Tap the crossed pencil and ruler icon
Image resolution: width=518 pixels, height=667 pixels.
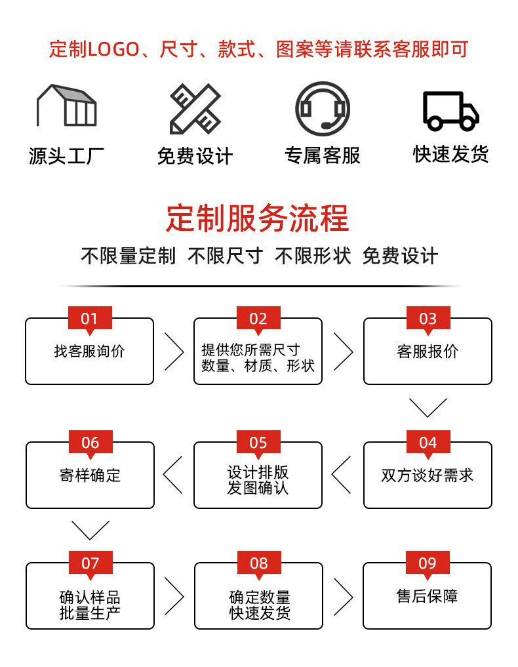tap(195, 108)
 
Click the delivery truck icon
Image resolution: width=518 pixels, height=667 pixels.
tap(450, 110)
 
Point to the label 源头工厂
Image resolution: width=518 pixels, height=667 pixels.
tap(66, 156)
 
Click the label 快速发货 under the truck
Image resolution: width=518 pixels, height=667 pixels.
tap(450, 154)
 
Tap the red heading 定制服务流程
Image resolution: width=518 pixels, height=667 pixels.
tap(258, 218)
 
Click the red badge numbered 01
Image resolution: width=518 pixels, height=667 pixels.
tap(90, 319)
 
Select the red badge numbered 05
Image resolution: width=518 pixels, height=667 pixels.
tap(258, 443)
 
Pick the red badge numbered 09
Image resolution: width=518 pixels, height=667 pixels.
tap(428, 563)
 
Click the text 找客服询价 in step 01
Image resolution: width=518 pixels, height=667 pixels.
tap(89, 352)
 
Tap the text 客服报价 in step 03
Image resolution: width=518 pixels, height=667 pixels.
tap(428, 352)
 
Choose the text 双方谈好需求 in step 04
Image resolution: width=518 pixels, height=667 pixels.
tap(428, 475)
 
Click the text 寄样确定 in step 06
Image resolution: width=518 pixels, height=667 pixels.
tap(90, 475)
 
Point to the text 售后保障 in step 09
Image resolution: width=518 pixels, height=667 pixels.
tap(428, 596)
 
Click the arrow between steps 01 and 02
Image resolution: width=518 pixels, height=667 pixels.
tap(174, 352)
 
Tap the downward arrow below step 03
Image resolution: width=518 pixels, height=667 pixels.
tap(428, 407)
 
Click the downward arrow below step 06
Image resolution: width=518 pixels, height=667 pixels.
tap(90, 530)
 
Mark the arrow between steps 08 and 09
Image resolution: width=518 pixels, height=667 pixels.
tap(343, 596)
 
